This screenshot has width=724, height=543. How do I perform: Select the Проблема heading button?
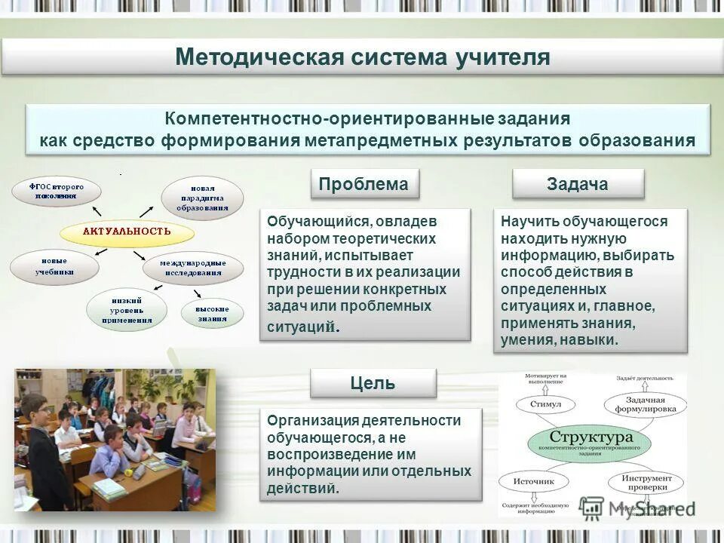(364, 184)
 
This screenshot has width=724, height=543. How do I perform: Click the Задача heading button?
(578, 184)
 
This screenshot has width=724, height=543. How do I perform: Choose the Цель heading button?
(373, 383)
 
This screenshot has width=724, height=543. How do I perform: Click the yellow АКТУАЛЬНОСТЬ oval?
(127, 232)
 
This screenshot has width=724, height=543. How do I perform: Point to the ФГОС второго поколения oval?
(57, 192)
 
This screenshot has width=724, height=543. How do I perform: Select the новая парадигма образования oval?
(202, 198)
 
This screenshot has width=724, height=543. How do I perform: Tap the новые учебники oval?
(54, 266)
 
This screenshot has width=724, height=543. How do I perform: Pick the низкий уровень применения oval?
(127, 309)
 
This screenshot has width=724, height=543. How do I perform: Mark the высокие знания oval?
(213, 314)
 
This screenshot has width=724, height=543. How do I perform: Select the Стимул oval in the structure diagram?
(546, 404)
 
